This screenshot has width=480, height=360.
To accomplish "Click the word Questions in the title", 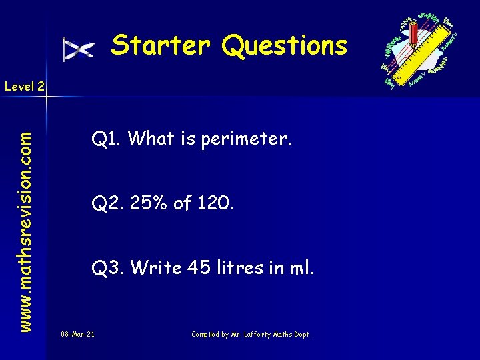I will [285, 46].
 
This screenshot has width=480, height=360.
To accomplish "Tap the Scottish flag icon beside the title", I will [78, 49].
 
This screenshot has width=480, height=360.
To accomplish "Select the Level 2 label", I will [25, 86].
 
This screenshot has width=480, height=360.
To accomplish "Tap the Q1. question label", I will [107, 139].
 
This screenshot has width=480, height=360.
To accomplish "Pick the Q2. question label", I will [107, 203].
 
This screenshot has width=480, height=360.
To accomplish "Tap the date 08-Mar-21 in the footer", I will [77, 333].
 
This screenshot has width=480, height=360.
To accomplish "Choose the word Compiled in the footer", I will [206, 333].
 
